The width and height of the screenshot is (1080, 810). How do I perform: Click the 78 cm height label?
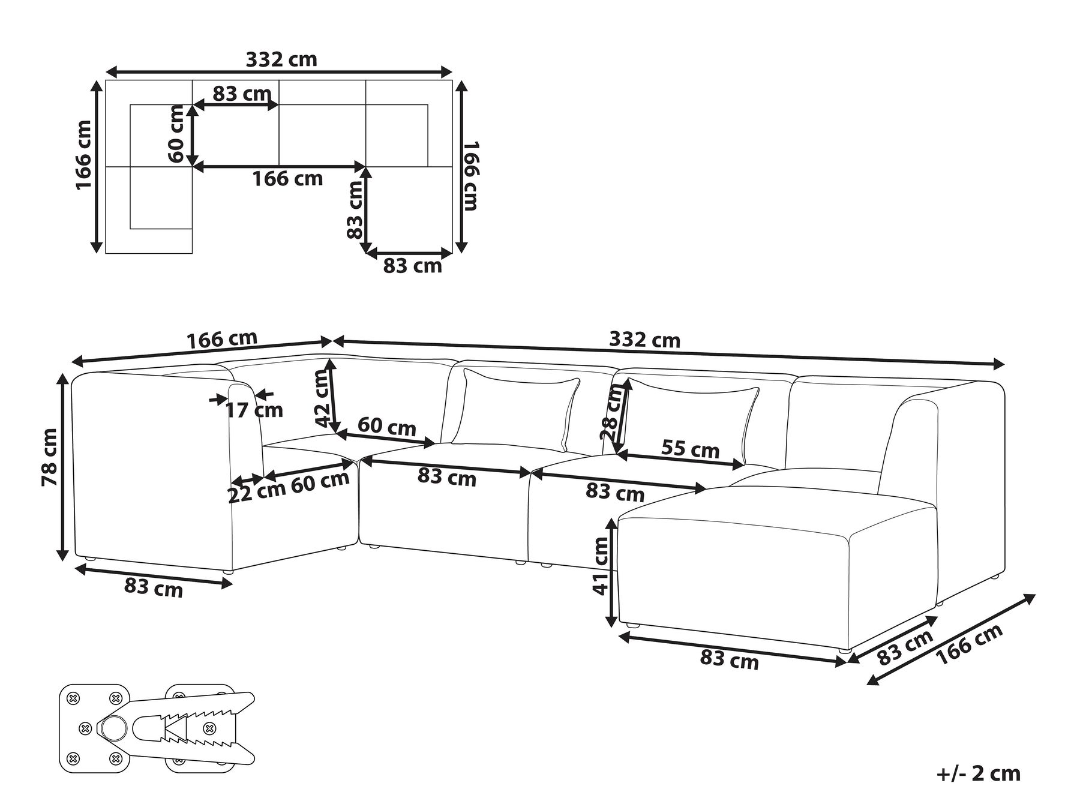coord(50,457)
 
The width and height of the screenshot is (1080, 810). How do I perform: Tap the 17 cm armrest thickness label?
coord(254,410)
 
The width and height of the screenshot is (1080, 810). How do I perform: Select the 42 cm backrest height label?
coord(322,398)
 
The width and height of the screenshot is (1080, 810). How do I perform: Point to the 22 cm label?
coord(256,494)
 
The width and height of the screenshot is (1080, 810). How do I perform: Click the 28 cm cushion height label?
coord(613,413)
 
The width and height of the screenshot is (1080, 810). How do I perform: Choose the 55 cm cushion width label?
coord(690,449)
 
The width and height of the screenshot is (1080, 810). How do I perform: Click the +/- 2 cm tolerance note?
coord(978,773)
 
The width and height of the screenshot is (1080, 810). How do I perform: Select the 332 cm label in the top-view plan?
coord(281,59)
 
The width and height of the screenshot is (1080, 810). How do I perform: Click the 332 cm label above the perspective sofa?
coord(644,340)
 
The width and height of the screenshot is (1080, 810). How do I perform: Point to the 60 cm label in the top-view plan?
coord(176,133)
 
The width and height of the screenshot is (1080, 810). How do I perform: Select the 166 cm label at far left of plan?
coord(83,155)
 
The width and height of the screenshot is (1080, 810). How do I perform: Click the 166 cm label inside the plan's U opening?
coord(287,178)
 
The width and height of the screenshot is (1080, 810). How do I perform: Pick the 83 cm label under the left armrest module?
coord(153,587)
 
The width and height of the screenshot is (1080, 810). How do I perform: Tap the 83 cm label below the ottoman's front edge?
coord(729,660)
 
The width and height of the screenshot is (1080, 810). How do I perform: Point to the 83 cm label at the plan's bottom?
coord(412,265)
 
